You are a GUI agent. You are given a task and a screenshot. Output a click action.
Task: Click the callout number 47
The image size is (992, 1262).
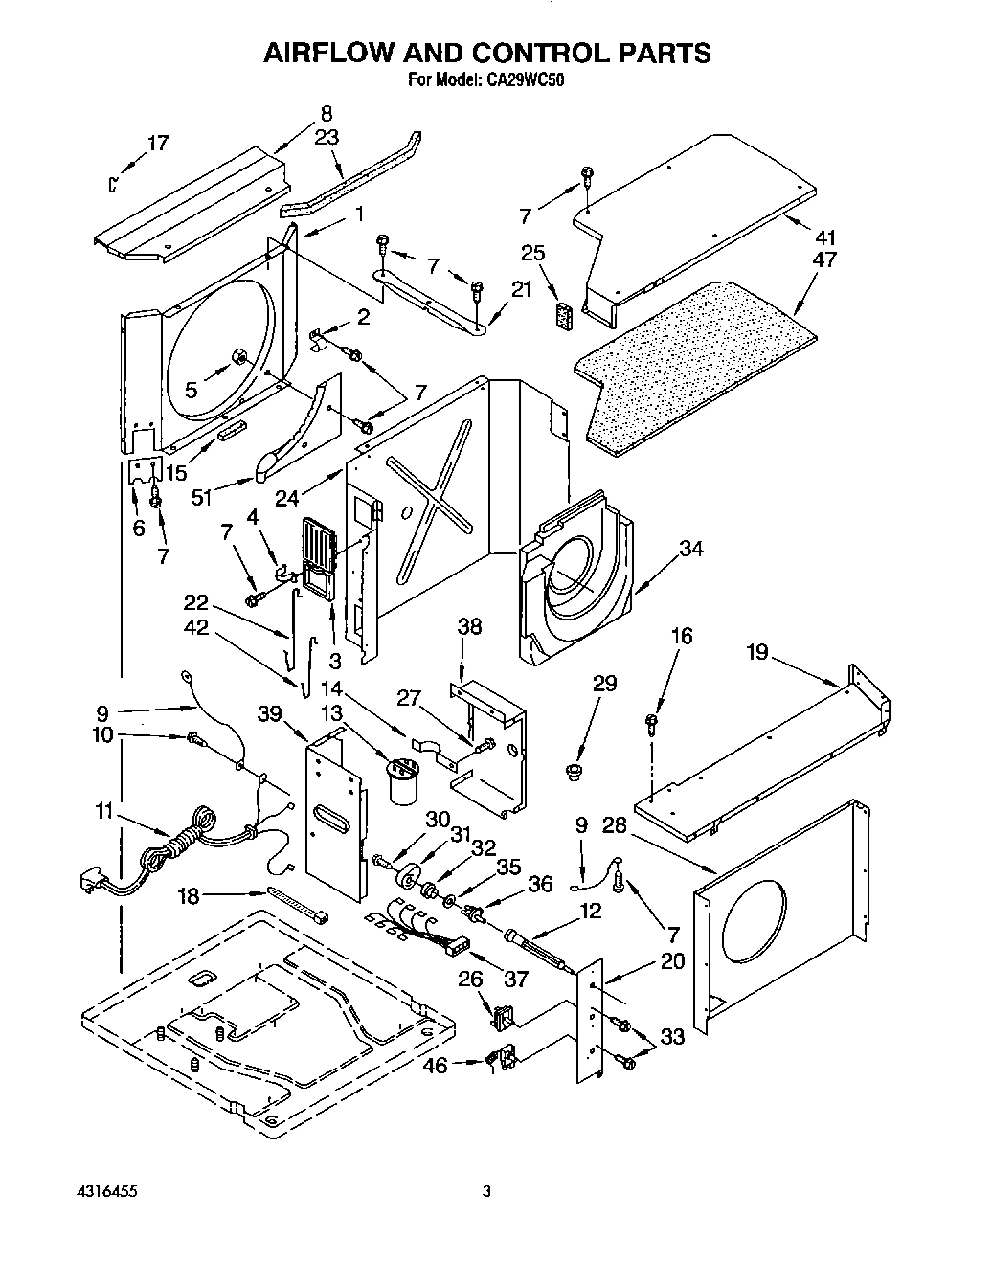coord(823,259)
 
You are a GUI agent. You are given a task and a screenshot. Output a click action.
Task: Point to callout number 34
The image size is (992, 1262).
coord(691,549)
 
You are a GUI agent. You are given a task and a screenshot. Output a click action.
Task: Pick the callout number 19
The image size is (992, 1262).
coord(757,652)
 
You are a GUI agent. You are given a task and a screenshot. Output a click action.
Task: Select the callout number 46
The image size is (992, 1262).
coord(436,1065)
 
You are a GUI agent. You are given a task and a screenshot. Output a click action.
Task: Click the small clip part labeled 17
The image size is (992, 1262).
coord(114,181)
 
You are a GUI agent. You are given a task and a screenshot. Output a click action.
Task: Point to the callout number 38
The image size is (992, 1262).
coord(469,627)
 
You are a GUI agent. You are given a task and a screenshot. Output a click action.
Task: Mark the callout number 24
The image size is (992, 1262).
coord(287,497)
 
